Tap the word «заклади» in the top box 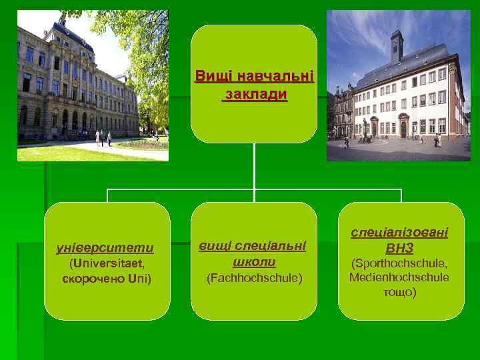click(254, 95)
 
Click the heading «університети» click(107, 248)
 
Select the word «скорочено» click(89, 278)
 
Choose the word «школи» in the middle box click(254, 261)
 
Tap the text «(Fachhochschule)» click(254, 277)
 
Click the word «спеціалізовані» click(401, 233)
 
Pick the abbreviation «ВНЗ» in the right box click(401, 248)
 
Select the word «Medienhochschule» click(399, 277)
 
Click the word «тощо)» click(400, 293)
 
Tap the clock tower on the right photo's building click(397, 45)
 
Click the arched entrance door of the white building click(403, 128)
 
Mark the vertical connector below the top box click(254, 167)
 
